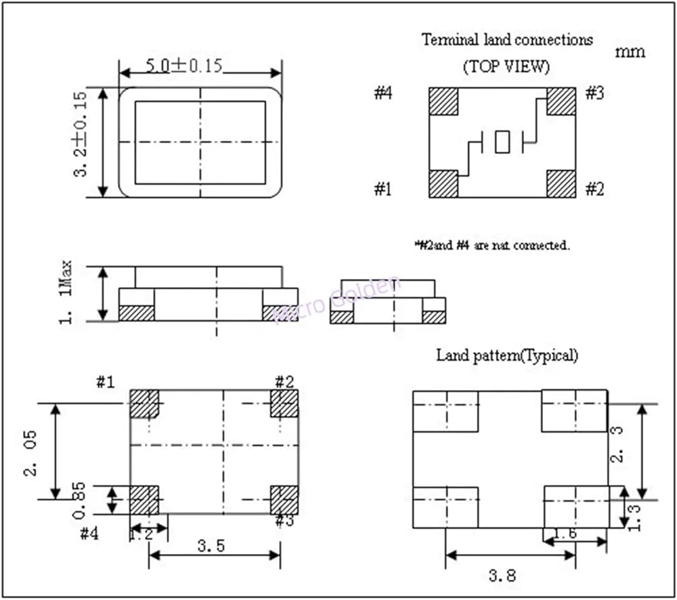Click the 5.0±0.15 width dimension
(185, 66)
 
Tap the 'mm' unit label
(630, 51)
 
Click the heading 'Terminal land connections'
(507, 39)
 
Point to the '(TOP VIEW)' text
(506, 67)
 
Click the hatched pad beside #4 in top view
(443, 101)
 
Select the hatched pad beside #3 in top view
(561, 101)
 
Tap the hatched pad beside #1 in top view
(443, 184)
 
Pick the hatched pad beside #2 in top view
(561, 184)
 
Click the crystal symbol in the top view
(502, 142)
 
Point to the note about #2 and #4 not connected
(492, 245)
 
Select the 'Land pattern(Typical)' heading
(507, 354)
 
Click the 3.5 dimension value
(211, 547)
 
